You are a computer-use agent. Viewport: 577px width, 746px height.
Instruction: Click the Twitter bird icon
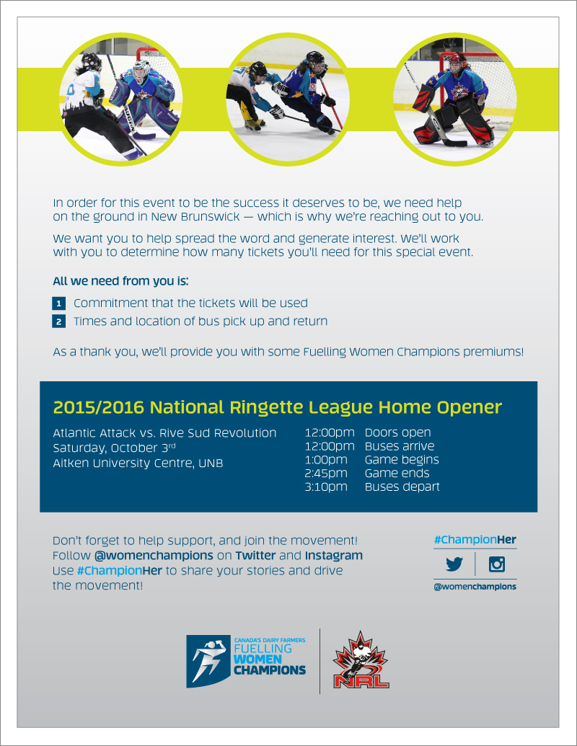click(x=454, y=564)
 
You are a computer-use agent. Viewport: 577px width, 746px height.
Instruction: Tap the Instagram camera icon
click(x=496, y=564)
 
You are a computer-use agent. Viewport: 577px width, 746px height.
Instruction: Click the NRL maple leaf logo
click(x=361, y=660)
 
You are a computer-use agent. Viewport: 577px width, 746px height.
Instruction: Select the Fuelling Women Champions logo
click(x=246, y=660)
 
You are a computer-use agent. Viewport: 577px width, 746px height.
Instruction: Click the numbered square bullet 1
click(x=59, y=303)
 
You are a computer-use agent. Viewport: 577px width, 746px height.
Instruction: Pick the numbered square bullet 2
click(x=59, y=321)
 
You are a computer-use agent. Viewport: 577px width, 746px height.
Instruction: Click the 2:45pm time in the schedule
click(x=326, y=474)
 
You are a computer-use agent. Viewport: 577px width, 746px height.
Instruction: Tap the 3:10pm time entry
click(x=326, y=487)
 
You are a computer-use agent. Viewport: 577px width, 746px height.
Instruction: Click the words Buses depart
click(x=402, y=487)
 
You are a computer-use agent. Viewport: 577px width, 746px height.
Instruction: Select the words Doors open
click(x=398, y=433)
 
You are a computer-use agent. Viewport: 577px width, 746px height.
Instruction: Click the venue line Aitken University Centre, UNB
click(x=138, y=463)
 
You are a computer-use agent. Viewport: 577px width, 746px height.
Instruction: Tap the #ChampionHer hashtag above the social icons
click(x=475, y=540)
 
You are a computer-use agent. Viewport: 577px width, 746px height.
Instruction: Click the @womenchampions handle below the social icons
click(x=475, y=587)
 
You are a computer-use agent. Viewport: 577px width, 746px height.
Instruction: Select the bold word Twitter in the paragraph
click(x=255, y=556)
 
